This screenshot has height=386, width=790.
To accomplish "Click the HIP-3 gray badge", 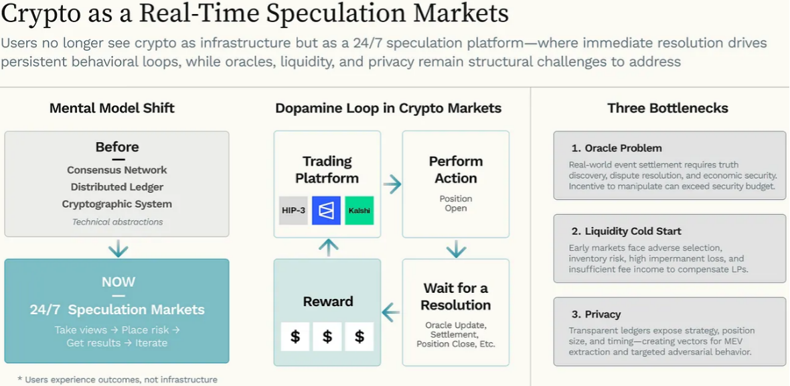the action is (x=293, y=210).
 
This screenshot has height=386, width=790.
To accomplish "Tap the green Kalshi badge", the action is (x=360, y=210).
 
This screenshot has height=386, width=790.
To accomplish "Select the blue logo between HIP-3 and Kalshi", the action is (x=327, y=210).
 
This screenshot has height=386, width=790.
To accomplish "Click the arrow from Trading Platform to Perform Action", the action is (x=392, y=185).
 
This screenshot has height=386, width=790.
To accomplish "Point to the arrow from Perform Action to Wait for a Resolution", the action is (x=455, y=249).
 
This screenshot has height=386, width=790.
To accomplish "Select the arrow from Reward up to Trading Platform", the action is (x=328, y=247).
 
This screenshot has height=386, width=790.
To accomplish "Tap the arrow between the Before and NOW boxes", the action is (x=118, y=249).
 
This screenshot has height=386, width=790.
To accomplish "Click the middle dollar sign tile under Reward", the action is (x=327, y=336).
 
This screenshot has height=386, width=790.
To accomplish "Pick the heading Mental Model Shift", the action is (x=112, y=108).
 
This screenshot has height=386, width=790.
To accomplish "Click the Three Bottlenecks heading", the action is (x=667, y=108).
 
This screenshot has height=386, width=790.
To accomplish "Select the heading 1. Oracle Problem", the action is (x=617, y=148).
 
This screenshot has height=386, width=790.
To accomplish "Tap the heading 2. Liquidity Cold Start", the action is (x=626, y=232).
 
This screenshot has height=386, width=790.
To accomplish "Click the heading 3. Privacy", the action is (x=596, y=314).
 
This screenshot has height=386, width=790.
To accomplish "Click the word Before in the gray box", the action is (x=117, y=147).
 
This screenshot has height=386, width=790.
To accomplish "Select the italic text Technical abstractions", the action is (x=117, y=222).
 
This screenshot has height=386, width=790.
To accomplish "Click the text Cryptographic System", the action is (x=117, y=204).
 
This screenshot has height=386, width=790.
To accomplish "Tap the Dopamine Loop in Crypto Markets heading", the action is (x=388, y=108).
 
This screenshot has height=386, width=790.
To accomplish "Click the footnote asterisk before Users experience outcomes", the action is (x=19, y=378).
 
